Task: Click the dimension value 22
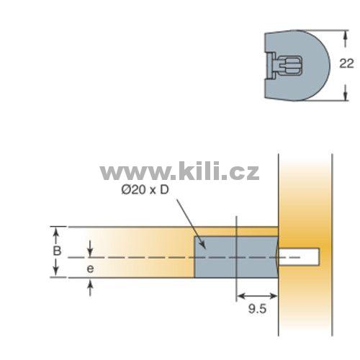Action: click(346, 64)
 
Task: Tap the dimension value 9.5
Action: click(257, 309)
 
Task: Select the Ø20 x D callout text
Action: click(145, 190)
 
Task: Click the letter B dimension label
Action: click(57, 251)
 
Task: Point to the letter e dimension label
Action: click(90, 269)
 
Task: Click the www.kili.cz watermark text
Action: click(179, 171)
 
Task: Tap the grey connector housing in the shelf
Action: click(236, 257)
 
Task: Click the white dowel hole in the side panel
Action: click(299, 257)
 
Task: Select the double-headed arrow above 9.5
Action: click(257, 296)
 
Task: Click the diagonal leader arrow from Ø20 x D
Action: click(192, 224)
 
